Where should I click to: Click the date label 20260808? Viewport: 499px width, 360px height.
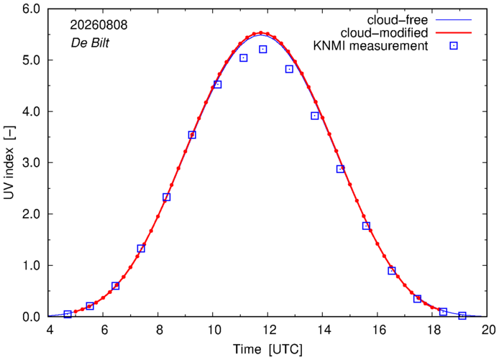(99, 25)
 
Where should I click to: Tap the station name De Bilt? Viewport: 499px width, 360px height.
(90, 43)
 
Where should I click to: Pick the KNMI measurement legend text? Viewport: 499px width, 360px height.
(371, 46)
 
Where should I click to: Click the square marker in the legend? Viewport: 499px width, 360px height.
(454, 46)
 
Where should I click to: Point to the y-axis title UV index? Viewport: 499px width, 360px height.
(9, 162)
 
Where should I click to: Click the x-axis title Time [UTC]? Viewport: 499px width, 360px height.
(267, 349)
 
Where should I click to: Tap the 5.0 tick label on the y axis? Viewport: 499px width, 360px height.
(31, 60)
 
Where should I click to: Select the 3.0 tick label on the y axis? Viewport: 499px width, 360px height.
(31, 162)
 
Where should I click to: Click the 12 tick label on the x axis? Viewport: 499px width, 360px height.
(267, 330)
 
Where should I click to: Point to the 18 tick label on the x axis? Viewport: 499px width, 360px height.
(432, 330)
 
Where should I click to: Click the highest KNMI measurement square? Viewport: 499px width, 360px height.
(263, 50)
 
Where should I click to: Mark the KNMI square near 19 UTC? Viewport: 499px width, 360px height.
(462, 315)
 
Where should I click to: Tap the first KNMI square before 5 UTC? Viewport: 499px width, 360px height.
(68, 314)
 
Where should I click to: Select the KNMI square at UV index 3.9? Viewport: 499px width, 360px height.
(315, 116)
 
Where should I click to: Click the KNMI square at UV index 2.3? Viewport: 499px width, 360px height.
(166, 197)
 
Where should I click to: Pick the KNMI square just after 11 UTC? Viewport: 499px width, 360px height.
(244, 58)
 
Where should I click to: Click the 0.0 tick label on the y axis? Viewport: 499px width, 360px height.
(31, 317)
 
